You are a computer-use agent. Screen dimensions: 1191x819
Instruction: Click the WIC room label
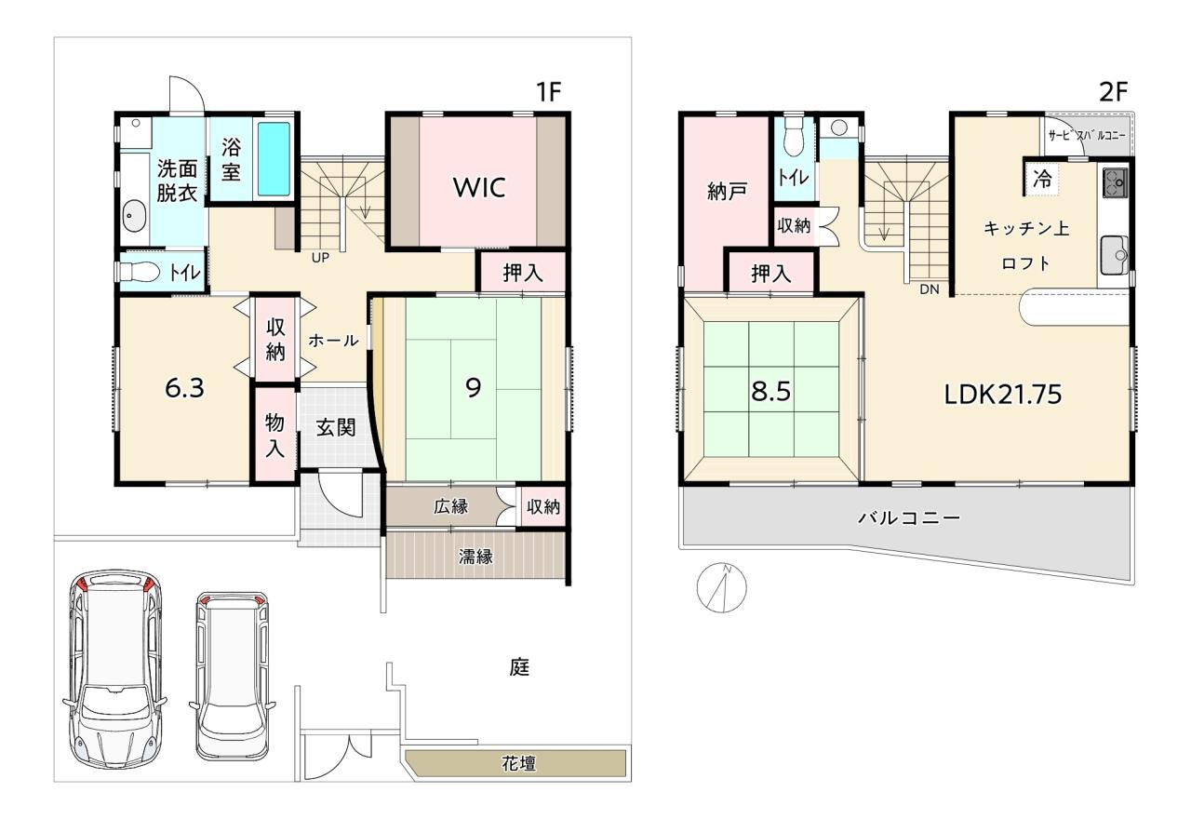[x=479, y=187]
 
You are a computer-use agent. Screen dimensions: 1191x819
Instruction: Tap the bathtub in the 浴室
[x=274, y=158]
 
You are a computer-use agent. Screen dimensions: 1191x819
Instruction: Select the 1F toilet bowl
[x=140, y=273]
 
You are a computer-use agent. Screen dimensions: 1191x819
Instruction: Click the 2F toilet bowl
[x=794, y=137]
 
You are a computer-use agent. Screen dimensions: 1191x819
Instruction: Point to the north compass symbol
[x=721, y=587]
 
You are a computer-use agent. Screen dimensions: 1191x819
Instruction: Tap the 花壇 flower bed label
[x=519, y=764]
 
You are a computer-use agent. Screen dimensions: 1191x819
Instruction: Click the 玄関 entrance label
[x=336, y=427]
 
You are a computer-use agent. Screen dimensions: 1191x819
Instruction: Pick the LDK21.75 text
[x=1003, y=394]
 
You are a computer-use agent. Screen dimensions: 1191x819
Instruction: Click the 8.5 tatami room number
[x=770, y=392]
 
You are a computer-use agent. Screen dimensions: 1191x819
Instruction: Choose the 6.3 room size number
[x=184, y=388]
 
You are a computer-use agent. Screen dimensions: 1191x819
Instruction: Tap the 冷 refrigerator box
[x=1042, y=178]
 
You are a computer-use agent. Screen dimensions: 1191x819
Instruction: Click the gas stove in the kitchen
[x=1115, y=182]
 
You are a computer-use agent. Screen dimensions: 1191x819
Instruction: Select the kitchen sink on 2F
[x=1115, y=255]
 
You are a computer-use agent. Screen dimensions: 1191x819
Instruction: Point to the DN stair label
[x=930, y=289]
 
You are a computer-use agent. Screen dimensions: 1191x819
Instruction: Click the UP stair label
[x=320, y=258]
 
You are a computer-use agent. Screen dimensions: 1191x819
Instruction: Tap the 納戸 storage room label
[x=727, y=191]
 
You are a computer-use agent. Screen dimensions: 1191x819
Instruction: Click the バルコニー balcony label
[x=910, y=517]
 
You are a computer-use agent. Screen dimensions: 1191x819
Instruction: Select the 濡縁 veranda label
[x=475, y=557]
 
